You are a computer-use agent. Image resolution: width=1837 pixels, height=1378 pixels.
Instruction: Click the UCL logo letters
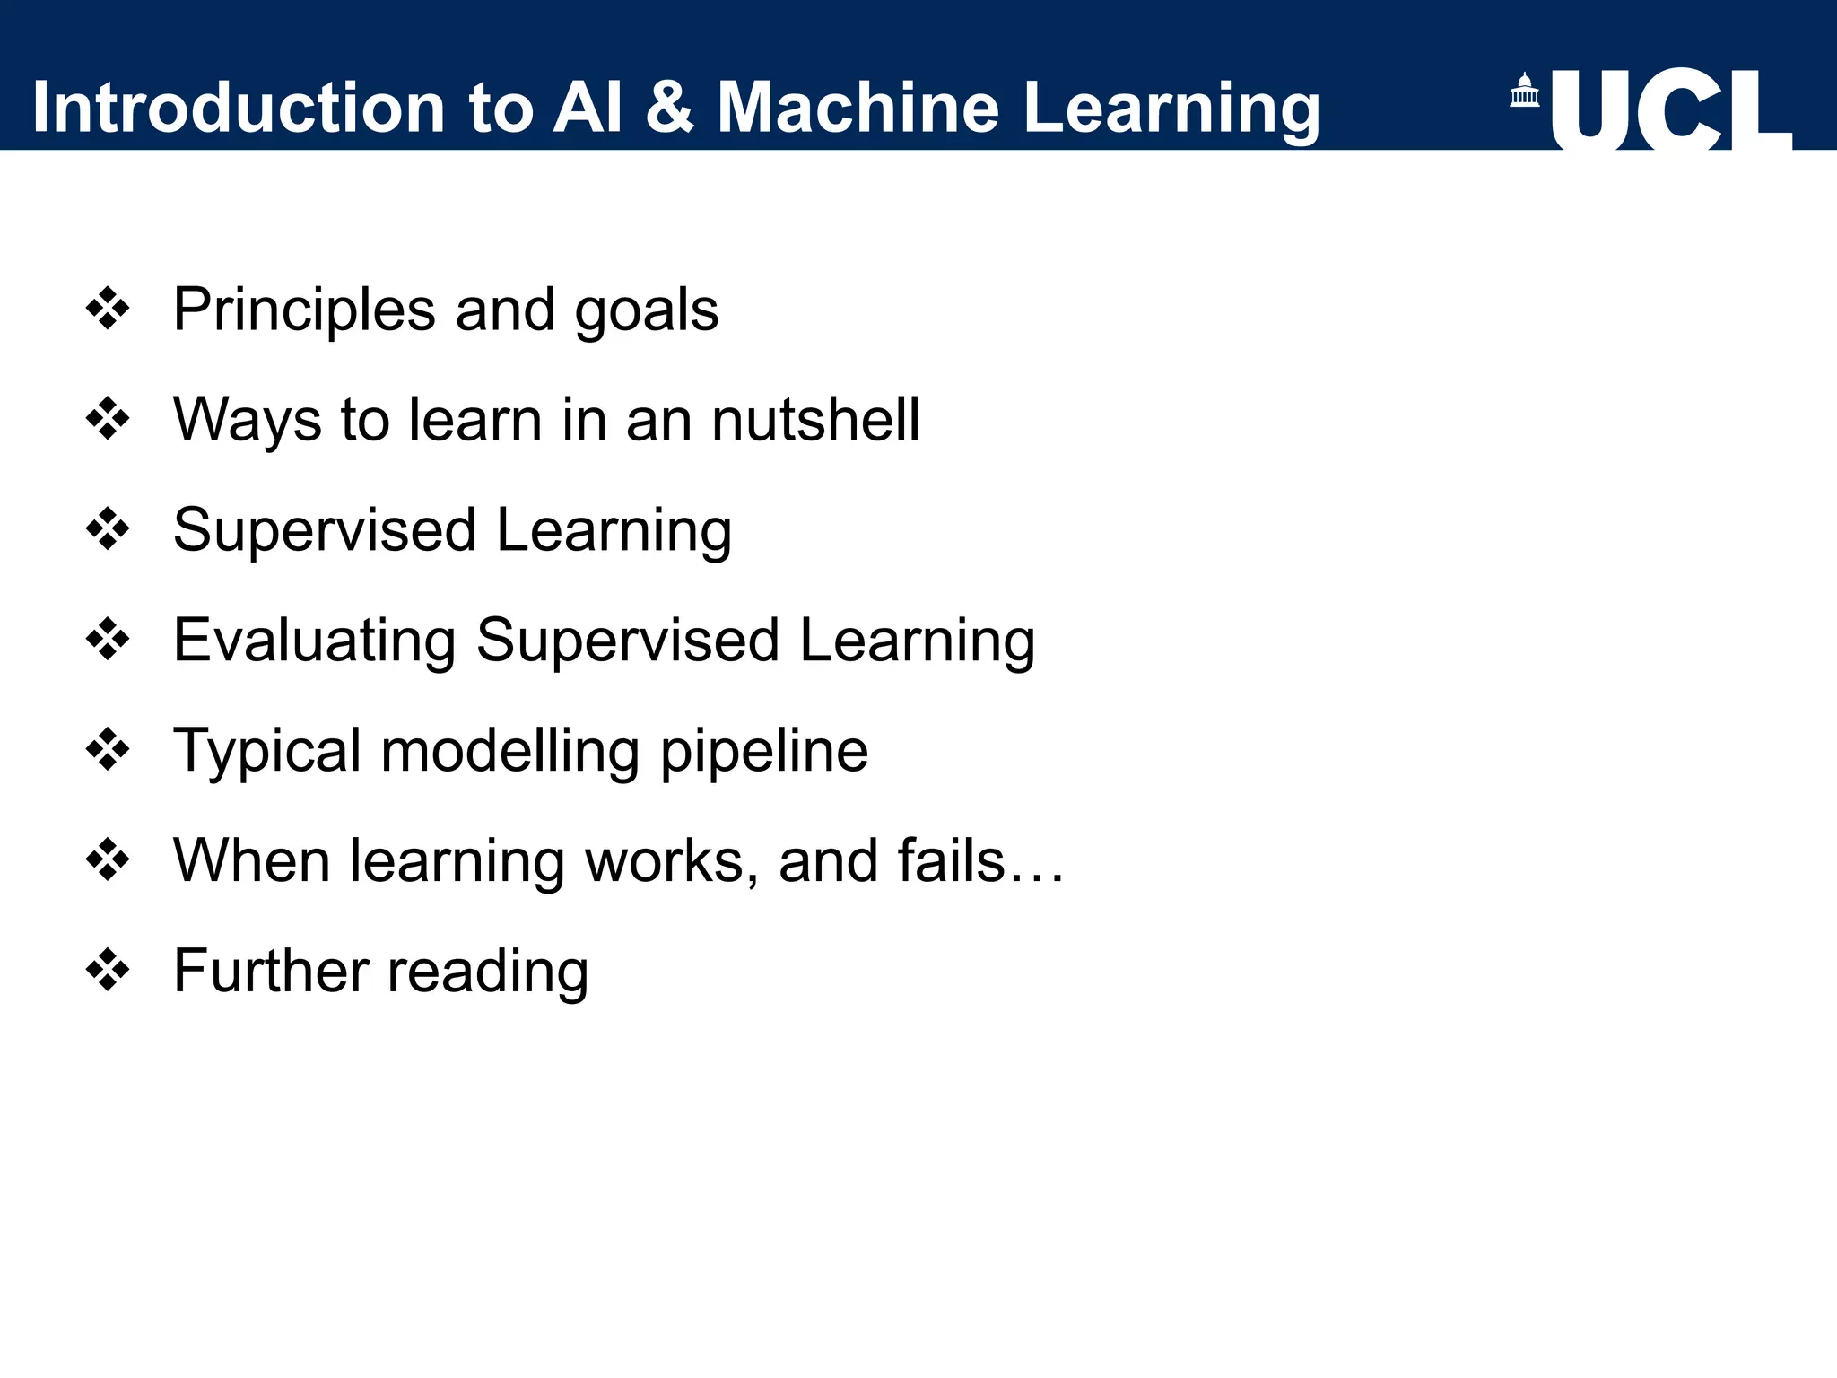tap(1670, 109)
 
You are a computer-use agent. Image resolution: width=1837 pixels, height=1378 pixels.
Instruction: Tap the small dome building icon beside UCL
tap(1524, 91)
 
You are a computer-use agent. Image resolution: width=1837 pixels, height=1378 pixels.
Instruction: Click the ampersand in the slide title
tap(669, 108)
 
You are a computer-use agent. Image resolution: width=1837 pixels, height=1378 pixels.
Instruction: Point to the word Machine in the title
tap(858, 108)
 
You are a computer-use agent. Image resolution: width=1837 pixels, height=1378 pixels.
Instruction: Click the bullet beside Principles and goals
tap(108, 310)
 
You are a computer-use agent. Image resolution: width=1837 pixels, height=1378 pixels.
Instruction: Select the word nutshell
tap(815, 420)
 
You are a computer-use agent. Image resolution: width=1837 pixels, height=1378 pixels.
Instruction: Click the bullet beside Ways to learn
tap(108, 420)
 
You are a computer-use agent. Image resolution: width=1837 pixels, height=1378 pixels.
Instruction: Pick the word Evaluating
tap(315, 641)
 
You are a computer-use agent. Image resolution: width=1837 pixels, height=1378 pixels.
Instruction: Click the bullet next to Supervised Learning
tap(108, 530)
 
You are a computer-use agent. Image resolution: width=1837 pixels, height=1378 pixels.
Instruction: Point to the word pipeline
tap(764, 751)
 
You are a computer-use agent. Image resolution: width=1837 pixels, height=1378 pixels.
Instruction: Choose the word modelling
tap(509, 751)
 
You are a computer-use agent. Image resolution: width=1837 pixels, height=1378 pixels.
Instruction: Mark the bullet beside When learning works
tap(108, 861)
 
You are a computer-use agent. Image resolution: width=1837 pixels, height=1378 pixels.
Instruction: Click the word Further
tap(271, 971)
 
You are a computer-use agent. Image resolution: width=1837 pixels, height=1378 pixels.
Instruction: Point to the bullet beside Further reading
tap(108, 971)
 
